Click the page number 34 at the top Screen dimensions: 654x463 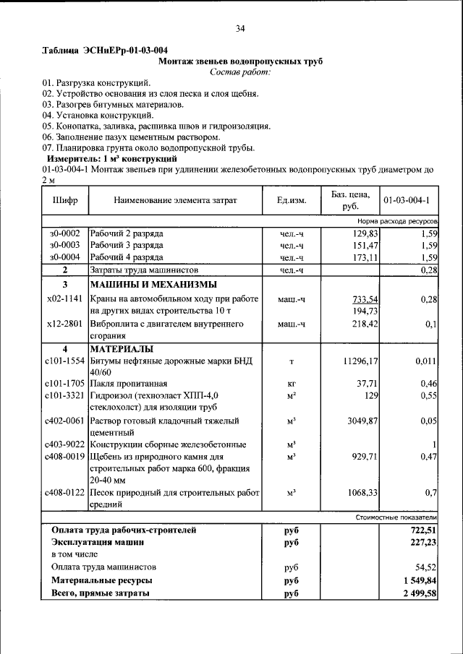click(239, 29)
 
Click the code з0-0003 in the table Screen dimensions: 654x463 click(64, 246)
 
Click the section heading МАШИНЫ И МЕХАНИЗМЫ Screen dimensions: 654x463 click(153, 284)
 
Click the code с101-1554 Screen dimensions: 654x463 click(64, 361)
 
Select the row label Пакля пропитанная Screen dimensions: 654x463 click(129, 384)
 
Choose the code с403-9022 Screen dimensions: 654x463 click(64, 444)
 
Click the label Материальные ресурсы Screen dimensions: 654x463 click(101, 580)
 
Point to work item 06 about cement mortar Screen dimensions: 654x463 click(130, 137)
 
